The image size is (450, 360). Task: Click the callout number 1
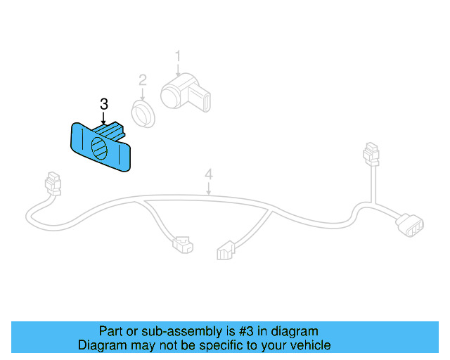point(178,56)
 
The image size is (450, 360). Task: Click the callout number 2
point(143,80)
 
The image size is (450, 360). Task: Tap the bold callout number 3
point(104,104)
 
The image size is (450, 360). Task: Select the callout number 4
point(208,173)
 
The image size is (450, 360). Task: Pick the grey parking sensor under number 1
point(184,94)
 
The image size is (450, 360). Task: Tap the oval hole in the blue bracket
point(100,148)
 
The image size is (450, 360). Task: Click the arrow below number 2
point(143,94)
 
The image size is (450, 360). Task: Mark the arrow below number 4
point(208,187)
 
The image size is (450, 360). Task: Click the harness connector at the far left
point(51,184)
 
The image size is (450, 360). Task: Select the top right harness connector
point(370,155)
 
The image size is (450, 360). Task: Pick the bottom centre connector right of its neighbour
point(226,250)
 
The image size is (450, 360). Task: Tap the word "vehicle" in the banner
point(310,345)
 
